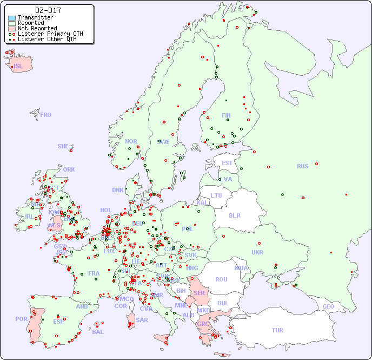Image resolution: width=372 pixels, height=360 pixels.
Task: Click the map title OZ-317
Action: tap(48, 10)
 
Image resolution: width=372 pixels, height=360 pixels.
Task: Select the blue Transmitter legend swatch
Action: tap(12, 18)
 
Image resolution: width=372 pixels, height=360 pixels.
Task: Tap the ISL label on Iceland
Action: tap(18, 67)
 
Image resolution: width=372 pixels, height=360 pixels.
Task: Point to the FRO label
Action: tap(46, 115)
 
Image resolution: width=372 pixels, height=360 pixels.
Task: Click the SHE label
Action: tap(63, 146)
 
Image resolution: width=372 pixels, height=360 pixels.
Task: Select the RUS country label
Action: tap(302, 166)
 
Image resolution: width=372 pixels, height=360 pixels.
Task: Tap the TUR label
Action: tap(277, 330)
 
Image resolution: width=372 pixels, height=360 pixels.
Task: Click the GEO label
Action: tap(328, 306)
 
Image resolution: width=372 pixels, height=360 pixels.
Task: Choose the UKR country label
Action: tap(257, 252)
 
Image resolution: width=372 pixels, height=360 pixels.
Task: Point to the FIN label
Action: tap(226, 115)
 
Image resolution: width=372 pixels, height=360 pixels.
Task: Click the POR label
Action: tap(21, 319)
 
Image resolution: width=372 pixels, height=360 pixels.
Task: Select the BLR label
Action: tap(234, 215)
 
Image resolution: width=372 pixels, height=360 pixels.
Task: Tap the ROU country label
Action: tap(221, 279)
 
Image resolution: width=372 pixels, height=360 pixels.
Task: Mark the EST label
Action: tap(227, 163)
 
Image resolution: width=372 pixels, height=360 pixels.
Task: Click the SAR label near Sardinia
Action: tap(142, 320)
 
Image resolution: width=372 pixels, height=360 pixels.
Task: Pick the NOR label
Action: tap(131, 141)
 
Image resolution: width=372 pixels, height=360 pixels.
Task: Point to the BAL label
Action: tap(98, 332)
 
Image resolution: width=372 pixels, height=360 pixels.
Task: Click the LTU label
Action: tap(216, 195)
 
